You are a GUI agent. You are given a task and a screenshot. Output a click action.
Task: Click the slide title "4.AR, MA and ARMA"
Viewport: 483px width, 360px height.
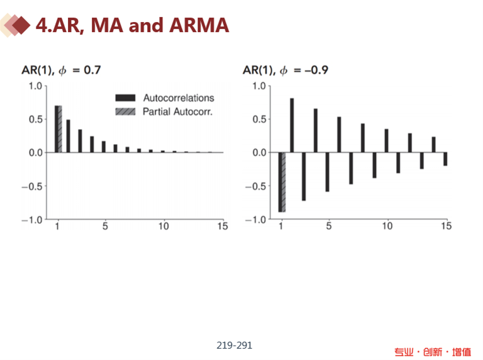pos(132,25)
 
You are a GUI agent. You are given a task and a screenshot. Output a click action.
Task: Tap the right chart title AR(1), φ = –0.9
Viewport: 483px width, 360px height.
pos(286,70)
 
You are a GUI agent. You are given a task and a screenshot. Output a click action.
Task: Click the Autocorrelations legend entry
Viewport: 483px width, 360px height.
pos(178,98)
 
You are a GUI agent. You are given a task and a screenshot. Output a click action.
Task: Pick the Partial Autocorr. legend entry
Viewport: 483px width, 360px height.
pos(178,112)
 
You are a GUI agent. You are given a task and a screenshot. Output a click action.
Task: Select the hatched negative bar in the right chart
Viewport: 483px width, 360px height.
pos(283,182)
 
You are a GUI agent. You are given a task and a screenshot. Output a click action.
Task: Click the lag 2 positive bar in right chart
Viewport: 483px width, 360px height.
pos(292,125)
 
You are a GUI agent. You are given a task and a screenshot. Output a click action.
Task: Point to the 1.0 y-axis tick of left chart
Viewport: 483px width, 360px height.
pos(36,86)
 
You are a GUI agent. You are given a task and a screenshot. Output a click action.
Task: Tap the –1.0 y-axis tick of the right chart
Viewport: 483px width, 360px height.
pos(257,220)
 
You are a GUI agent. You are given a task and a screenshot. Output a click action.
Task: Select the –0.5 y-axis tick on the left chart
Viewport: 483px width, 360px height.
pos(33,186)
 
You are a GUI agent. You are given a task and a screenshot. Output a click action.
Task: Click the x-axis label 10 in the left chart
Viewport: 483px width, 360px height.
pos(164,227)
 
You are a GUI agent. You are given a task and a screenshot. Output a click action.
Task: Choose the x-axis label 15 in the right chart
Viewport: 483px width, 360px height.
pos(445,227)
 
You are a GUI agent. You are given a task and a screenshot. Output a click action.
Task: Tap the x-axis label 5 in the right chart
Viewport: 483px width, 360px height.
pos(328,227)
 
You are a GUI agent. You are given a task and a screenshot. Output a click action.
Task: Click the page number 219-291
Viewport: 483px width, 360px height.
pos(234,345)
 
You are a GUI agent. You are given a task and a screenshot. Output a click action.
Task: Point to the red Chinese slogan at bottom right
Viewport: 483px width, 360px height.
pos(433,352)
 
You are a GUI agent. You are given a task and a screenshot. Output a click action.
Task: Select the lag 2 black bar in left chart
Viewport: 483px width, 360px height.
pos(69,136)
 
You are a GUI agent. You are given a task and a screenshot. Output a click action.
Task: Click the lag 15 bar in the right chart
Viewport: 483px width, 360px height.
pos(445,159)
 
